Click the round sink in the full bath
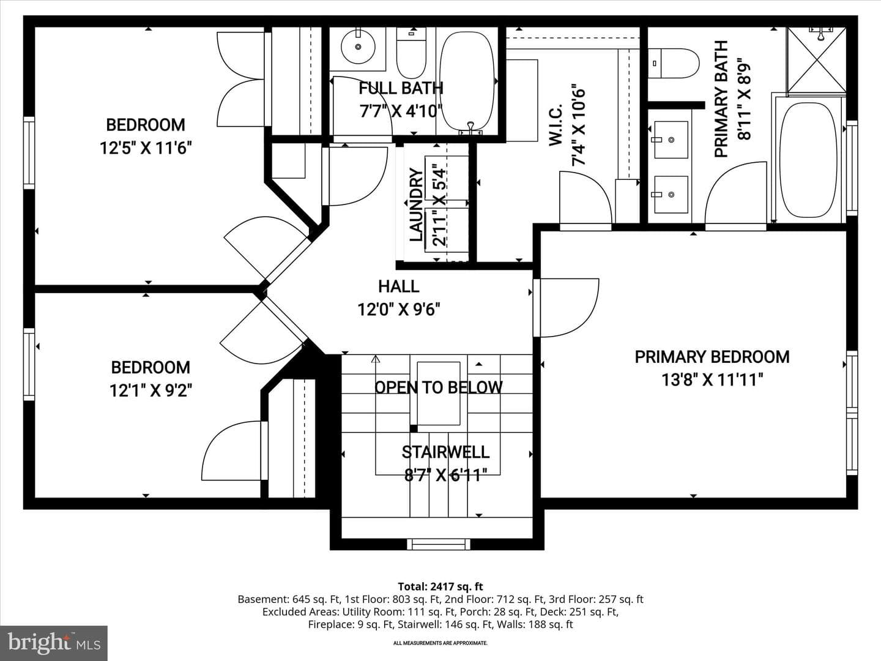(358, 47)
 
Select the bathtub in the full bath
(467, 82)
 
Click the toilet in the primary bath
(674, 64)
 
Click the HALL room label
(398, 286)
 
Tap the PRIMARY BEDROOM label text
(712, 357)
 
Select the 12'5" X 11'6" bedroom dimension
(146, 148)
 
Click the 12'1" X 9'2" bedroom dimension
(151, 390)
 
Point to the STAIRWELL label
(445, 452)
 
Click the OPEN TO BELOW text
(438, 387)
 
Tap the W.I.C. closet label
(556, 124)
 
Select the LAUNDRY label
(416, 204)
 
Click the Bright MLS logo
(53, 643)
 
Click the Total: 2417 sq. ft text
(441, 587)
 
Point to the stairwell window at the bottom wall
(438, 545)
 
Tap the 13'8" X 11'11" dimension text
(712, 379)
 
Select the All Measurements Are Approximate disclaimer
(441, 643)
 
